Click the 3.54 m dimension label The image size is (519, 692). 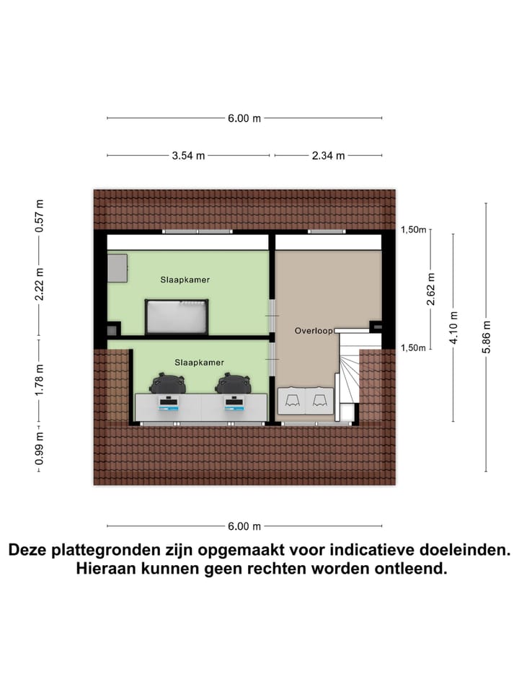click(x=188, y=155)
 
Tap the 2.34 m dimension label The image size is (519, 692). click(x=328, y=155)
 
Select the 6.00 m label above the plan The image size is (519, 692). click(x=244, y=118)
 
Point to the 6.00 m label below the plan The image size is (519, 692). click(x=244, y=526)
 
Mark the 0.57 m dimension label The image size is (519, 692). click(x=40, y=215)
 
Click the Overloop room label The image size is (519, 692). click(x=313, y=331)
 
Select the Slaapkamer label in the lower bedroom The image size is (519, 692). click(x=199, y=362)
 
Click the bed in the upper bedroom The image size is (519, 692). click(x=177, y=317)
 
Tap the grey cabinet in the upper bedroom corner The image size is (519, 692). click(x=117, y=268)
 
